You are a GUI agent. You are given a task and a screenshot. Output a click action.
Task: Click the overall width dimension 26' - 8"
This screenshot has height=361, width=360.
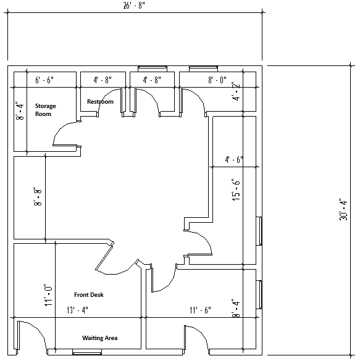pyautogui.click(x=135, y=6)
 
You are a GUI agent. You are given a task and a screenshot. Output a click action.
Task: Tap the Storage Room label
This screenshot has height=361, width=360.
pyautogui.click(x=45, y=110)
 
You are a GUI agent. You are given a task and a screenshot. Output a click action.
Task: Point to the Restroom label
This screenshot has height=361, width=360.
pyautogui.click(x=100, y=101)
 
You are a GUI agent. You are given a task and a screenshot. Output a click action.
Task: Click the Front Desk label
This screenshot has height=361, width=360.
pyautogui.click(x=89, y=295)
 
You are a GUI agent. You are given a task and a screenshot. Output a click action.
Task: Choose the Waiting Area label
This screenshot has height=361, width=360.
pyautogui.click(x=100, y=338)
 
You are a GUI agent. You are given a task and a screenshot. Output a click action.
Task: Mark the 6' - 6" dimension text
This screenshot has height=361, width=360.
pyautogui.click(x=44, y=80)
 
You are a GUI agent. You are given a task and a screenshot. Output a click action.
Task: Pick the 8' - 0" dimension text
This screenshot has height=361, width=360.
pyautogui.click(x=217, y=80)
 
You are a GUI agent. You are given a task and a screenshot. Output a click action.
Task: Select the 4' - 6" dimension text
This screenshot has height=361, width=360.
pyautogui.click(x=233, y=159)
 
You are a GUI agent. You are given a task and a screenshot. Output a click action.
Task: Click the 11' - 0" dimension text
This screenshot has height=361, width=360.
pyautogui.click(x=48, y=296)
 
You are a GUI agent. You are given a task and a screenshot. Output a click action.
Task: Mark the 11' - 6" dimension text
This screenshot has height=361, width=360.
pyautogui.click(x=201, y=310)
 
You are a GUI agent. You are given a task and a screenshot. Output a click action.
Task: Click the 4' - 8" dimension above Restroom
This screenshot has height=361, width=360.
pyautogui.click(x=103, y=80)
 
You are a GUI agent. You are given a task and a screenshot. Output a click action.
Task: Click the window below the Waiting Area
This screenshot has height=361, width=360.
pyautogui.click(x=86, y=352)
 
